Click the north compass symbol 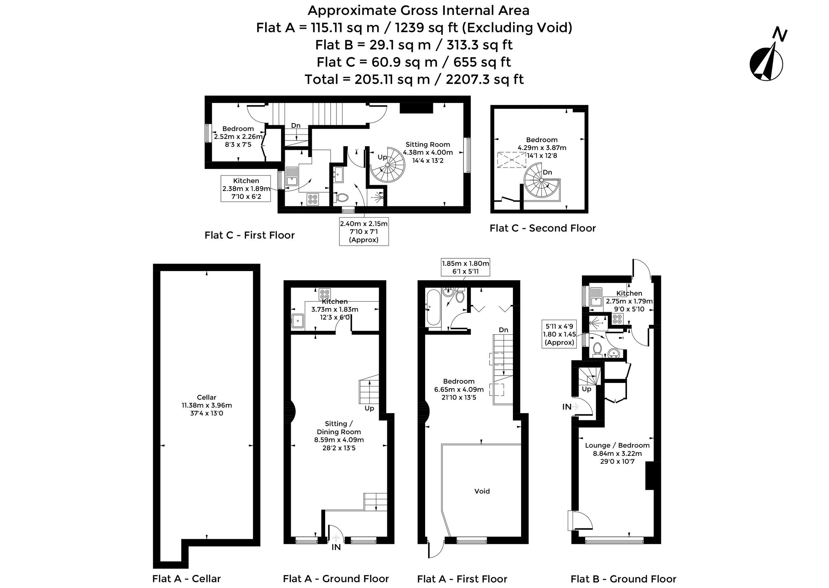767,62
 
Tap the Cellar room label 207,405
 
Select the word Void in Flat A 482,491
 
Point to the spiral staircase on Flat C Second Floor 542,180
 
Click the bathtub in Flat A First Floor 433,307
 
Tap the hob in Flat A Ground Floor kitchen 325,294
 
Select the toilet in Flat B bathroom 597,349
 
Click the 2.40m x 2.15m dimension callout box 364,232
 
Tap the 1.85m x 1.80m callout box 466,267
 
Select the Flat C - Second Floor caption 542,228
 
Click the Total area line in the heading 414,79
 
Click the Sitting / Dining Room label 339,435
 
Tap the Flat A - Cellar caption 187,579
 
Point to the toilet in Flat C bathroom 341,197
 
